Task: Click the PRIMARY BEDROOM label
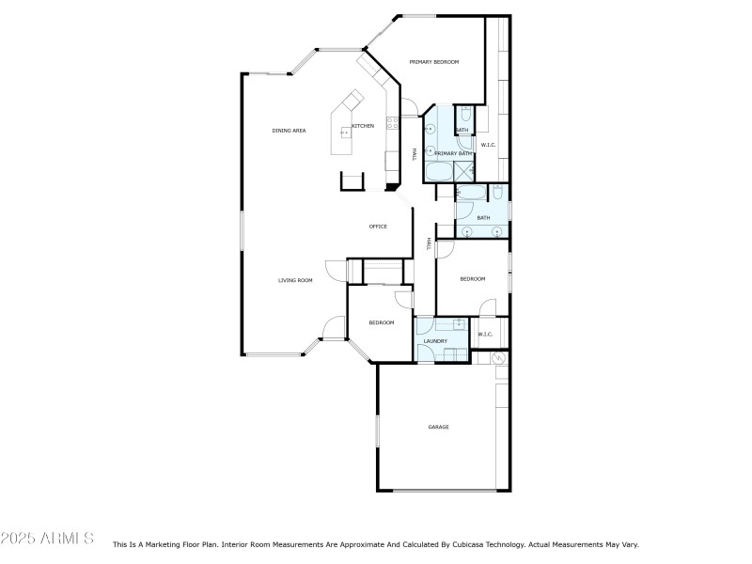click(434, 62)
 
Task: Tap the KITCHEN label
click(363, 126)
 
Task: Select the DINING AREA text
click(289, 131)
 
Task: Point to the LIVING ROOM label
click(294, 280)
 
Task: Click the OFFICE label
click(378, 227)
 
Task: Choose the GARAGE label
click(438, 428)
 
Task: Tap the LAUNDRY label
click(435, 341)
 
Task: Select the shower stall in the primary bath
click(463, 170)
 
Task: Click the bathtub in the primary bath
click(438, 172)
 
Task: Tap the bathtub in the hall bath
click(471, 194)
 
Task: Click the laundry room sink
click(460, 324)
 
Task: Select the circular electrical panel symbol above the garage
click(500, 358)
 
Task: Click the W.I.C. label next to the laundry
click(485, 335)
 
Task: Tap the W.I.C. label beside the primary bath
click(488, 145)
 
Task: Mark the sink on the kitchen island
click(344, 133)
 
